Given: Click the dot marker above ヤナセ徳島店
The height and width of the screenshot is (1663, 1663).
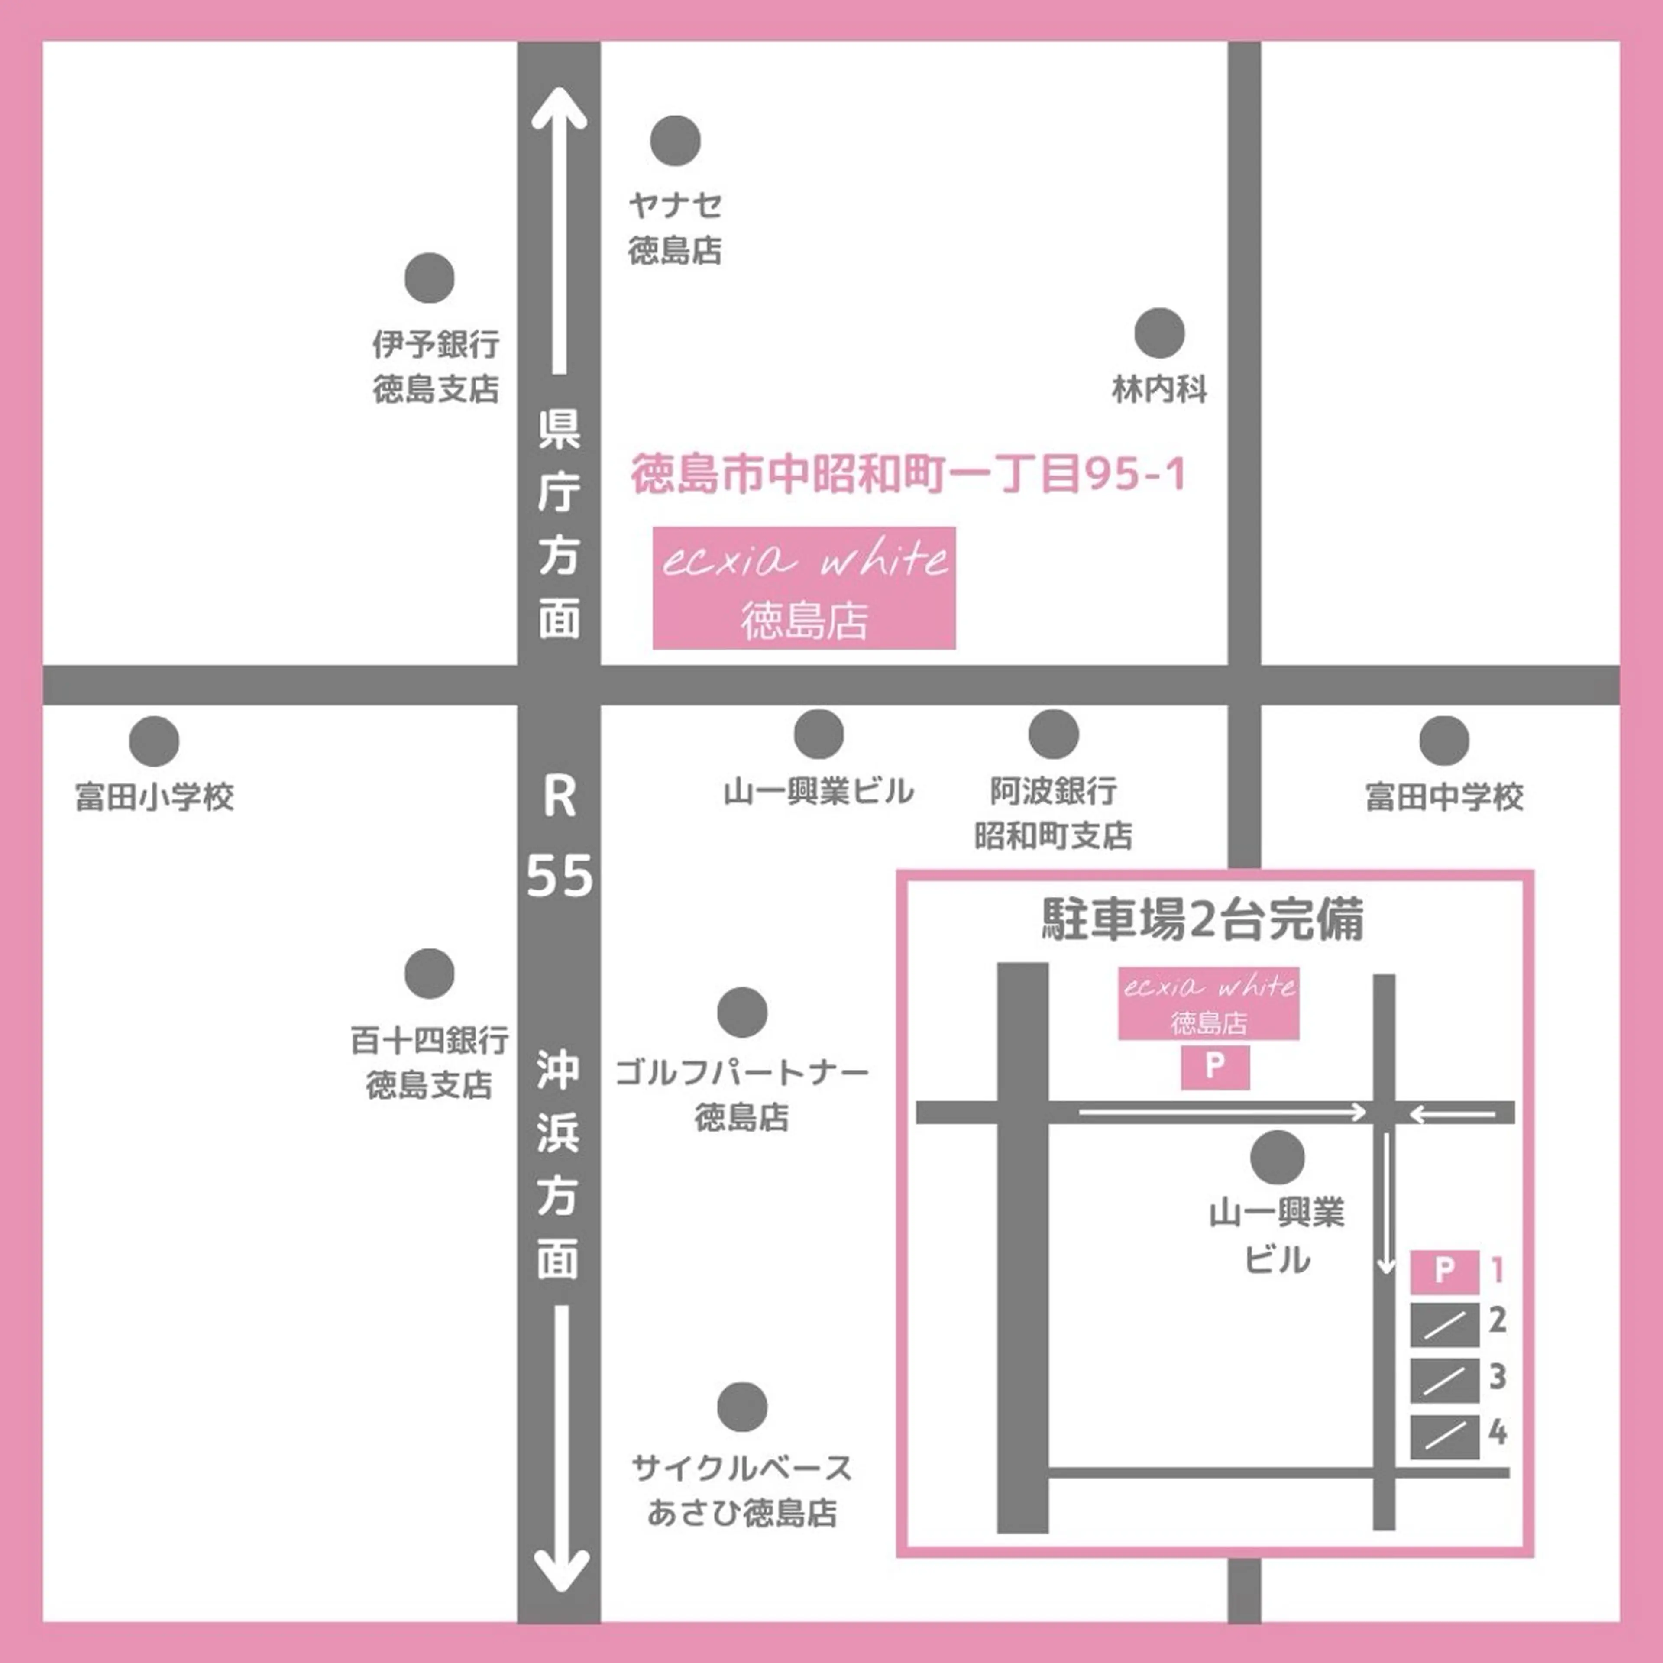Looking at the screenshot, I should [675, 140].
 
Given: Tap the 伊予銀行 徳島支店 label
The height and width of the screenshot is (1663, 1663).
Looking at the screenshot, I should [436, 366].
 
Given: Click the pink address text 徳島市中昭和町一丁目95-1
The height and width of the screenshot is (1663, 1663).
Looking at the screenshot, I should [908, 474].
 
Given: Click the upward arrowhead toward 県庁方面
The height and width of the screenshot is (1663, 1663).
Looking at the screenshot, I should [560, 107].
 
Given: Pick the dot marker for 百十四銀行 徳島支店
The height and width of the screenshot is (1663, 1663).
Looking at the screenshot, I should [429, 974].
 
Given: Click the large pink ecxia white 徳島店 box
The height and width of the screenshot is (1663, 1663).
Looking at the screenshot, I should [804, 588].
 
